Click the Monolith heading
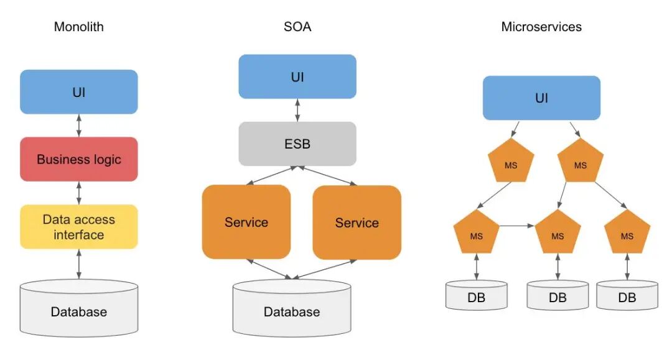[79, 27]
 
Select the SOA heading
[297, 27]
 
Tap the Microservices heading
[541, 27]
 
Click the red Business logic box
[79, 159]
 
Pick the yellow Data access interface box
[79, 227]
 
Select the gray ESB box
[297, 144]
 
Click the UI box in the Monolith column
[79, 92]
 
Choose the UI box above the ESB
[297, 76]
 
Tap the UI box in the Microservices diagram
[541, 98]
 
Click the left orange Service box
[246, 222]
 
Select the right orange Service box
[357, 222]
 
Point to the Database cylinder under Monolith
[79, 308]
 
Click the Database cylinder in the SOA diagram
[292, 308]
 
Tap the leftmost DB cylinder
[477, 295]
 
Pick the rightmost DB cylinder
[627, 295]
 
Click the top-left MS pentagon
[511, 162]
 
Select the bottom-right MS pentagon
[627, 233]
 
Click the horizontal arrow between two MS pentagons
[517, 226]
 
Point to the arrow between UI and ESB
[297, 110]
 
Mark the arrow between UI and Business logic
[79, 126]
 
